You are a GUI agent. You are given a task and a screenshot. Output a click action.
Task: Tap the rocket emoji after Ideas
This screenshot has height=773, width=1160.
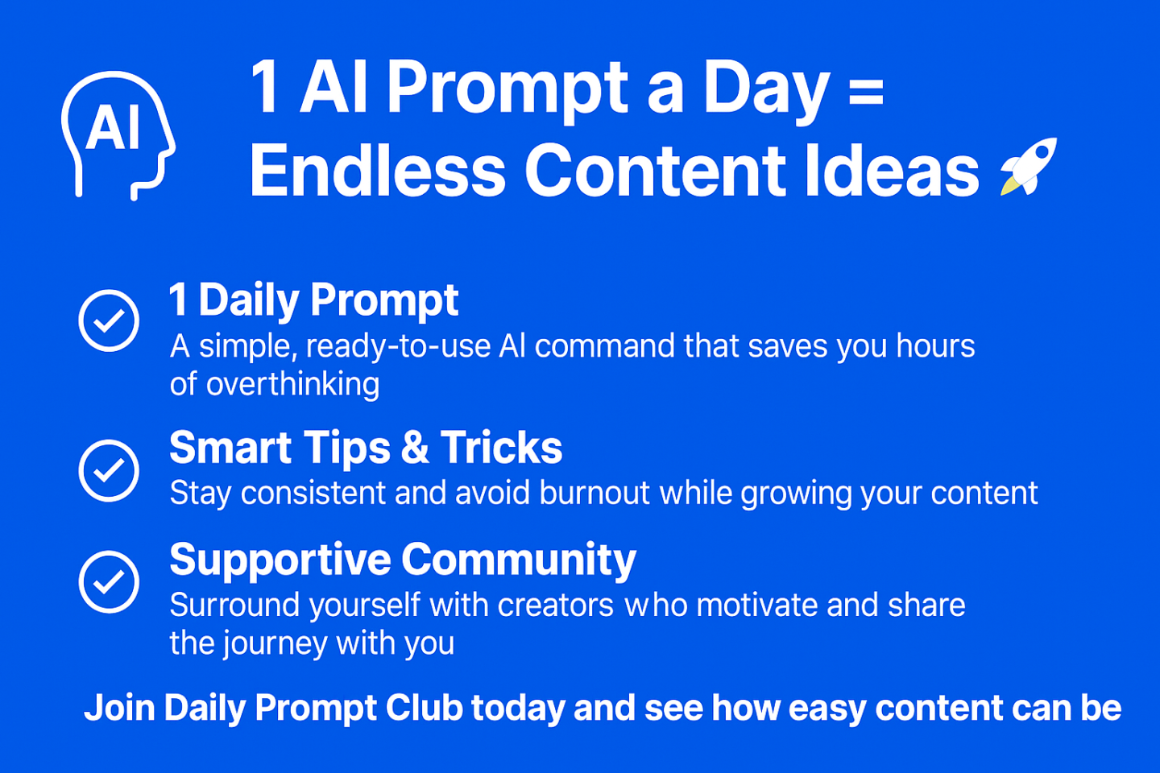pyautogui.click(x=1029, y=166)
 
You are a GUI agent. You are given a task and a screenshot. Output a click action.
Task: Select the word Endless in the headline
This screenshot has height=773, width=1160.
pyautogui.click(x=377, y=170)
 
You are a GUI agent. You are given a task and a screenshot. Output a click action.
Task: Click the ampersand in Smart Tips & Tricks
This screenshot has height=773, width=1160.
pyautogui.click(x=415, y=447)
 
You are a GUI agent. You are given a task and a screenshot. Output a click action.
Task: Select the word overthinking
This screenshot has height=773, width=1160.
pyautogui.click(x=292, y=384)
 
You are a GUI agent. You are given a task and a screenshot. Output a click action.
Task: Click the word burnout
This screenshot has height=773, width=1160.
pyautogui.click(x=594, y=492)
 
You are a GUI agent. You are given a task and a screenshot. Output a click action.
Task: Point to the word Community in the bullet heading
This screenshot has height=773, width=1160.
pyautogui.click(x=519, y=560)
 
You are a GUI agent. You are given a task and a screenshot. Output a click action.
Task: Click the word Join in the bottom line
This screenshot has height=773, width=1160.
pyautogui.click(x=119, y=708)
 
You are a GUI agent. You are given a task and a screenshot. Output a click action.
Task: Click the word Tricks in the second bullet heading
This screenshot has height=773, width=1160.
pyautogui.click(x=501, y=447)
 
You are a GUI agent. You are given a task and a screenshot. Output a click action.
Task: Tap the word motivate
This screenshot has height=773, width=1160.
pyautogui.click(x=756, y=605)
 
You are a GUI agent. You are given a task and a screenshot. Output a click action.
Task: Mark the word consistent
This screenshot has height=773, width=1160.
pyautogui.click(x=313, y=492)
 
